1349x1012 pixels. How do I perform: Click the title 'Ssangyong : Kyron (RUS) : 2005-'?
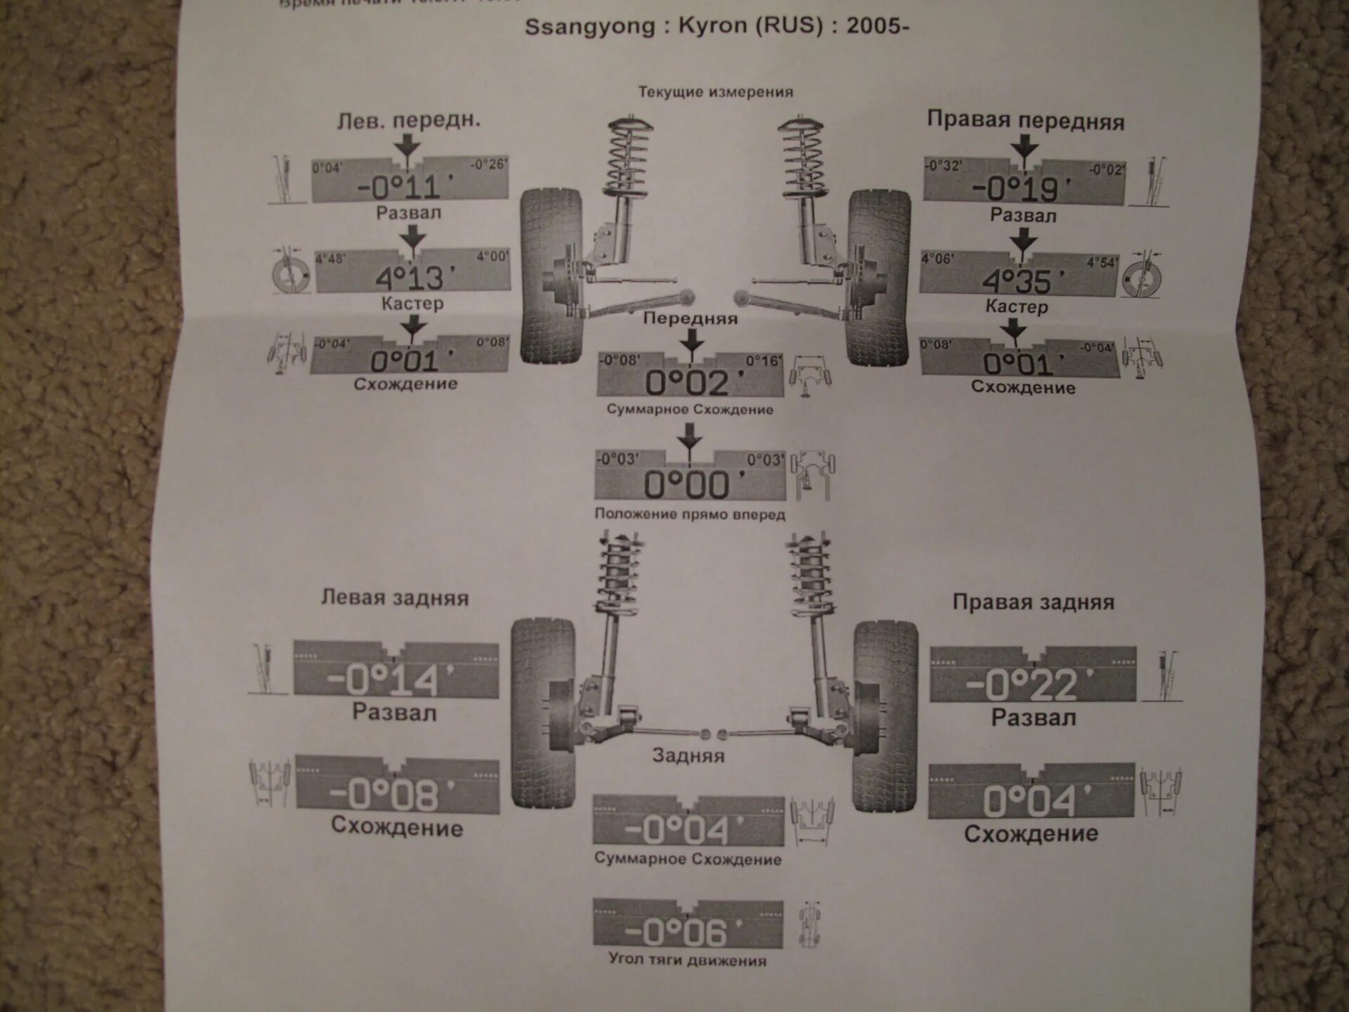point(717,26)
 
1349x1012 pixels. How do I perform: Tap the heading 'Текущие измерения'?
point(715,92)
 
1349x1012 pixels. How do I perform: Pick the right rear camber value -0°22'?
point(1031,685)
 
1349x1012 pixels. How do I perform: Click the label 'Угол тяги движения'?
point(687,961)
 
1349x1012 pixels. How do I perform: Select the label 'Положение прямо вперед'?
point(689,514)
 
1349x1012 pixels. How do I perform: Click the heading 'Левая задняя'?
point(395,598)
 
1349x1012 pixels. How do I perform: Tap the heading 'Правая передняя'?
point(1025,120)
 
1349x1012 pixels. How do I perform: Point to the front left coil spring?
point(629,158)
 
